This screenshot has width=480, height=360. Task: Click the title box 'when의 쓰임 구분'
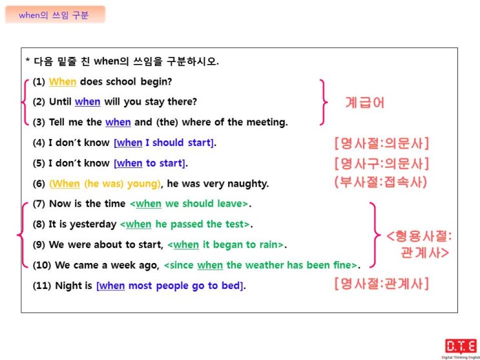55,15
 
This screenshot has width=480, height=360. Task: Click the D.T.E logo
461,347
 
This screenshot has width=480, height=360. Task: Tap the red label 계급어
364,102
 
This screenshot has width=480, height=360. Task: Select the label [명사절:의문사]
382,143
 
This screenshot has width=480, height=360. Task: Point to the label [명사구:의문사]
382,164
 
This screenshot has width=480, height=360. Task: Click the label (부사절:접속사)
381,183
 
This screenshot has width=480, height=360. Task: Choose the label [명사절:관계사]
382,284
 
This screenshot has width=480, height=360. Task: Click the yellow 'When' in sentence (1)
63,82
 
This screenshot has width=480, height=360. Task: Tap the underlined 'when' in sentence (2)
88,101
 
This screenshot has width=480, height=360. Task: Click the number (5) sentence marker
39,164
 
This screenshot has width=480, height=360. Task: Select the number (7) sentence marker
39,204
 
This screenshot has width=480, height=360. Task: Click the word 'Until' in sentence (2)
60,101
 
